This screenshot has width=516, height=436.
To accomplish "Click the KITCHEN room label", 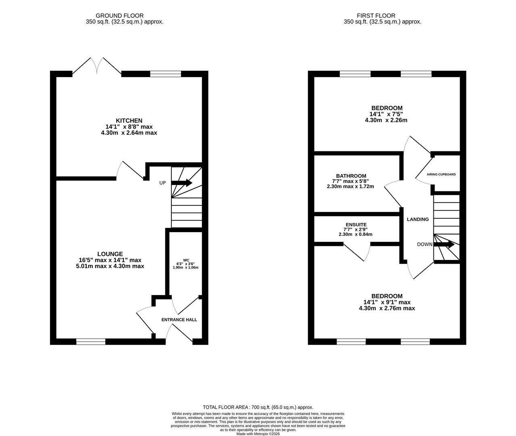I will click(x=129, y=121).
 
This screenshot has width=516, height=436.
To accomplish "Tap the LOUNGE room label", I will click(x=110, y=254).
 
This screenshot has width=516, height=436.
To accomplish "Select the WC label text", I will click(x=186, y=260).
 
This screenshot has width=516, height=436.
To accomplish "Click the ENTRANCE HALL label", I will click(x=179, y=320).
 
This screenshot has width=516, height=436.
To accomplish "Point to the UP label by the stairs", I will click(x=162, y=183).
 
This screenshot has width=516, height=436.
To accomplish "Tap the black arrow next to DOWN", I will click(x=444, y=244).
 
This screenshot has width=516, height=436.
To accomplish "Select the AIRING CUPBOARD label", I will click(x=441, y=174).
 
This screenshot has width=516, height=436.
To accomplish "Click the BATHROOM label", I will click(x=351, y=176).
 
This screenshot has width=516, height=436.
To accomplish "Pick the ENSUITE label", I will click(x=356, y=224).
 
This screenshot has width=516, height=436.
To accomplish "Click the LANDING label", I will click(x=418, y=219).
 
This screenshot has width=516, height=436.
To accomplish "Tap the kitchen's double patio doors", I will click(x=97, y=67).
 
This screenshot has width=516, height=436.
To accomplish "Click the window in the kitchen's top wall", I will click(x=165, y=74).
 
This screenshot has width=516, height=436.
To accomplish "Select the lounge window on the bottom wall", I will click(x=91, y=342).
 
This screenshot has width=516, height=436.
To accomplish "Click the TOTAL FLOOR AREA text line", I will click(x=258, y=407).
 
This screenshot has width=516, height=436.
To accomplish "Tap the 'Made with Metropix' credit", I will click(x=258, y=434).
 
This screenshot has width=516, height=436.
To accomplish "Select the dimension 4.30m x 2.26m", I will click(x=386, y=120).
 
